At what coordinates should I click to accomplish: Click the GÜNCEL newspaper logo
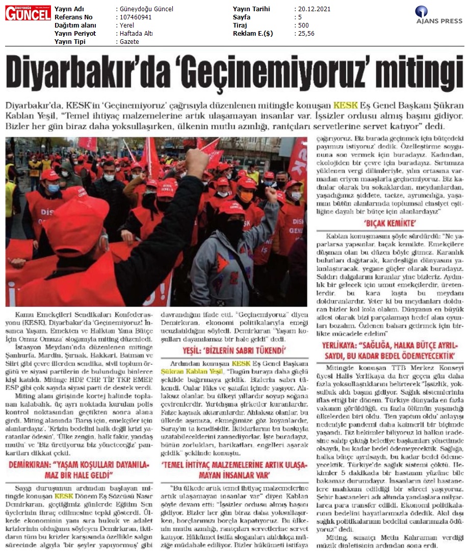point(28,13)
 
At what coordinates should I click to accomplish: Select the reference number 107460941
point(135,17)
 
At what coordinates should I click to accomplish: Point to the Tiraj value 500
point(303,26)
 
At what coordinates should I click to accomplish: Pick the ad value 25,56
point(306,34)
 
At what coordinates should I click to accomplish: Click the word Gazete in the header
point(128,42)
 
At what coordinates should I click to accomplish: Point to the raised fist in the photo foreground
point(197,162)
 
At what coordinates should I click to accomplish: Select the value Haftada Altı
point(136,34)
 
